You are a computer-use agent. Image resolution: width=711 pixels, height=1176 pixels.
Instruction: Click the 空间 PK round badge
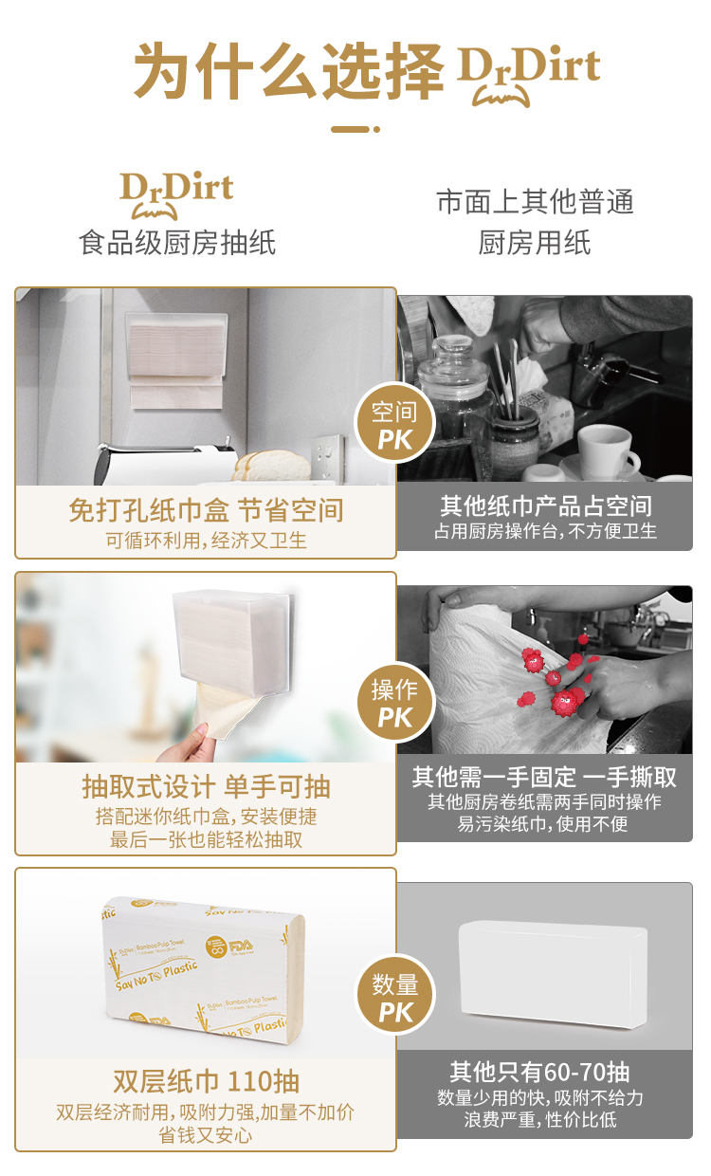point(395,424)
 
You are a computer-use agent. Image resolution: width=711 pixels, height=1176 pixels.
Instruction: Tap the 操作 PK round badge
point(395,703)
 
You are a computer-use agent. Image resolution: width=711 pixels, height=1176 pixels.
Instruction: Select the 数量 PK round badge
point(395,994)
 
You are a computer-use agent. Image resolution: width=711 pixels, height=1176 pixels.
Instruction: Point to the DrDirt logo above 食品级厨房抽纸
point(176,194)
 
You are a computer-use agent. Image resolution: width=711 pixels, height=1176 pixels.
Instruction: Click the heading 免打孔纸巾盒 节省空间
point(206,510)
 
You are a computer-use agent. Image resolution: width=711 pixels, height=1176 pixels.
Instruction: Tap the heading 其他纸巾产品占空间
point(546,506)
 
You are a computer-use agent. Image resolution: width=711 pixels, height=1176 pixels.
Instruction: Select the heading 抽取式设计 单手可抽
point(206,787)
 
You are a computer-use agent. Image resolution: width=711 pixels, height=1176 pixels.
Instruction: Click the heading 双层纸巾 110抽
point(206,1081)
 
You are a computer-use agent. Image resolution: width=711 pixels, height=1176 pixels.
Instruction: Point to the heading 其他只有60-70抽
point(539,1072)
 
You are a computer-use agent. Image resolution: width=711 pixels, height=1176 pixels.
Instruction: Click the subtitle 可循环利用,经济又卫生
point(206,541)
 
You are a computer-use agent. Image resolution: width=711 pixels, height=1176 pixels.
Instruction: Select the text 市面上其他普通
point(535,202)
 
